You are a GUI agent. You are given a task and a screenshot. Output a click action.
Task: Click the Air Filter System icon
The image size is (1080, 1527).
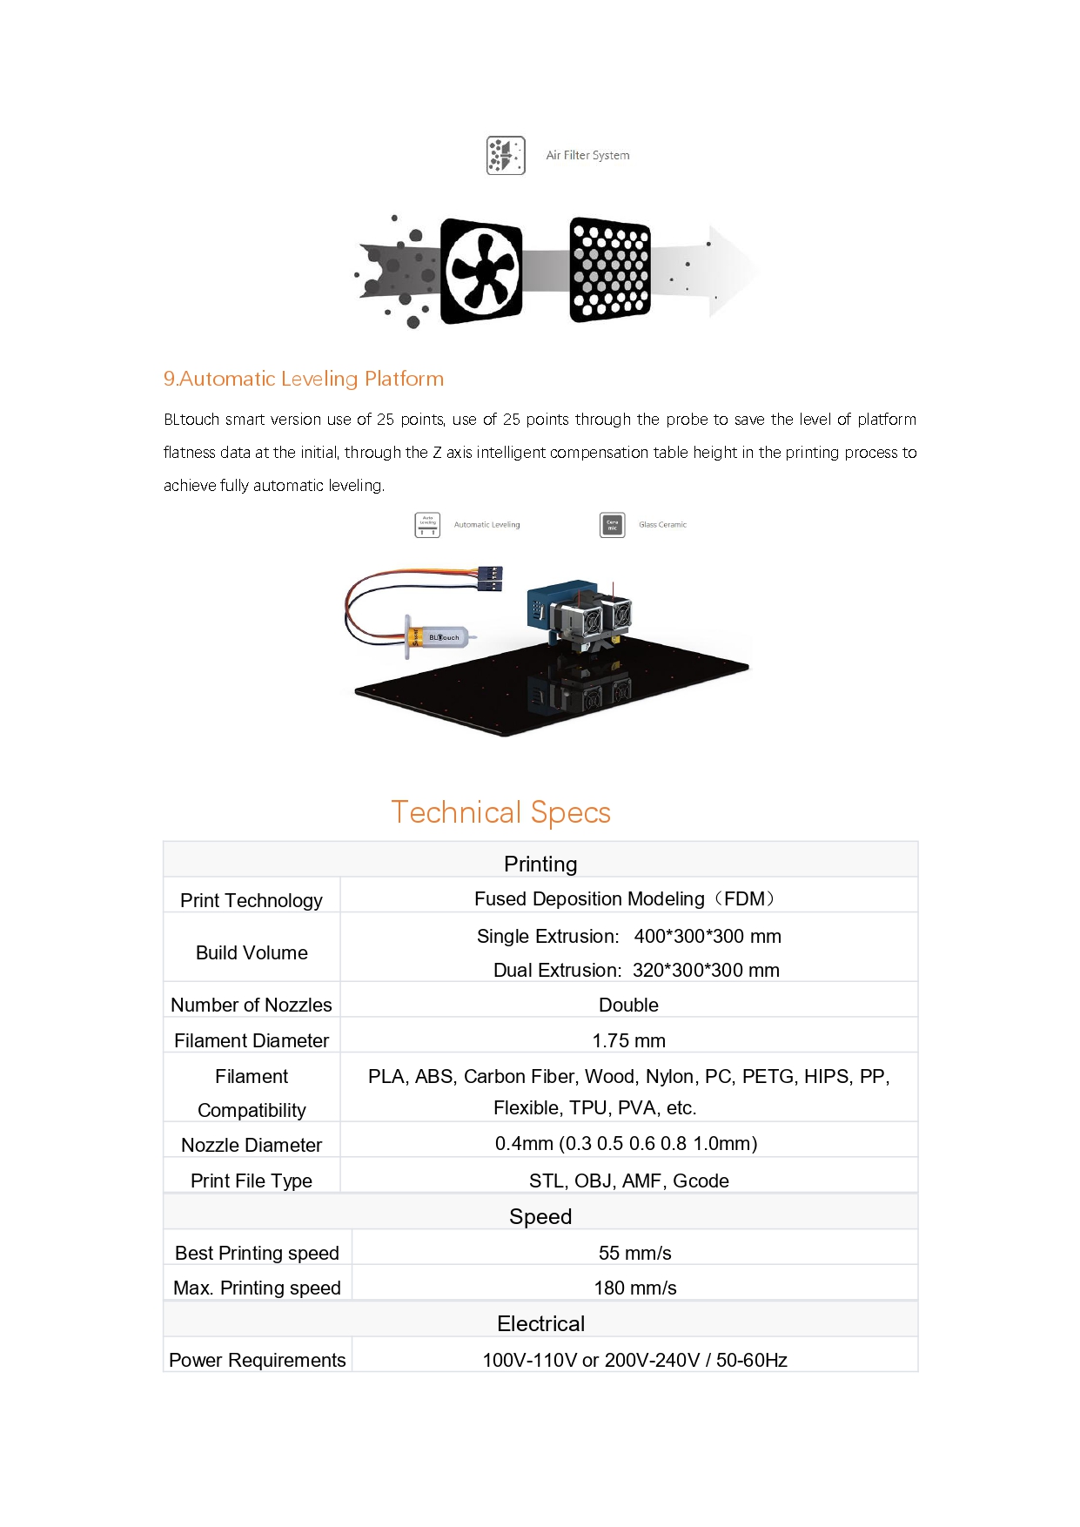[x=506, y=156]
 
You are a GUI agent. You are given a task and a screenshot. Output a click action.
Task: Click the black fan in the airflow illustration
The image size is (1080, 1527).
[x=481, y=271]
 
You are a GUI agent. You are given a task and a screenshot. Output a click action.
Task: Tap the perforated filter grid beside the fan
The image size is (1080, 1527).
[x=610, y=270]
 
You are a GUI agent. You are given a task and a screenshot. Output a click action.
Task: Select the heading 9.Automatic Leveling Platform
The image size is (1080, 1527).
[x=304, y=379]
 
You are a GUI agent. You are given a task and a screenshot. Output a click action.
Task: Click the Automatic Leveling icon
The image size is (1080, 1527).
[x=427, y=525]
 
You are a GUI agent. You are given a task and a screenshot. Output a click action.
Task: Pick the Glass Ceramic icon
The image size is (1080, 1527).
[x=613, y=525]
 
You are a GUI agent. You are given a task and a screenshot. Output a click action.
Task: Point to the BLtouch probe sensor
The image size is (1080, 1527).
[x=440, y=637]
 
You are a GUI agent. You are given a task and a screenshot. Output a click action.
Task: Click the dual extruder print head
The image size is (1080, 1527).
[x=583, y=614]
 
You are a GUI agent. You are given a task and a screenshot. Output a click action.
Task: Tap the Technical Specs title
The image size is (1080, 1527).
[x=500, y=812]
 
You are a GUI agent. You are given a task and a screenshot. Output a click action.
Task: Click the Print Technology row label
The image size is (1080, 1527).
[x=252, y=900]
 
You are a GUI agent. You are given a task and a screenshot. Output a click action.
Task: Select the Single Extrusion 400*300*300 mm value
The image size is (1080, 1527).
[x=628, y=936]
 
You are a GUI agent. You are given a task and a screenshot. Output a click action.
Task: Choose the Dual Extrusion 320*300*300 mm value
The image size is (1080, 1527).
[x=636, y=970]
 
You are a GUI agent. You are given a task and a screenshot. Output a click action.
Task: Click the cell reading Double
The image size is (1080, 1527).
[x=628, y=1005]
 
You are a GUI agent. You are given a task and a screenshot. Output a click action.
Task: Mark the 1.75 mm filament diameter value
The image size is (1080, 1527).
[x=628, y=1040]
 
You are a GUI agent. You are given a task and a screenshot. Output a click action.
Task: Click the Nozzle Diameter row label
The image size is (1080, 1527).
[x=252, y=1145]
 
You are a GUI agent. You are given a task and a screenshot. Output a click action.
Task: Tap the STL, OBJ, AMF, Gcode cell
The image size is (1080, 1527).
[x=628, y=1181]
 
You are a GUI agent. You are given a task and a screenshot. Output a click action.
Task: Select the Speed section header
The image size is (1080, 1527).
[x=540, y=1216]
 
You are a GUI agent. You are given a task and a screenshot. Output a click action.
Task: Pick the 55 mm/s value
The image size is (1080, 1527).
[x=634, y=1253]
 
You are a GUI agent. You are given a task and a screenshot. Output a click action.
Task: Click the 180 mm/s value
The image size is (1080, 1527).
[x=634, y=1288]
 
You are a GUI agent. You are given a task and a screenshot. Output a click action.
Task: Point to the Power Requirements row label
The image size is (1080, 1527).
[x=258, y=1360]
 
